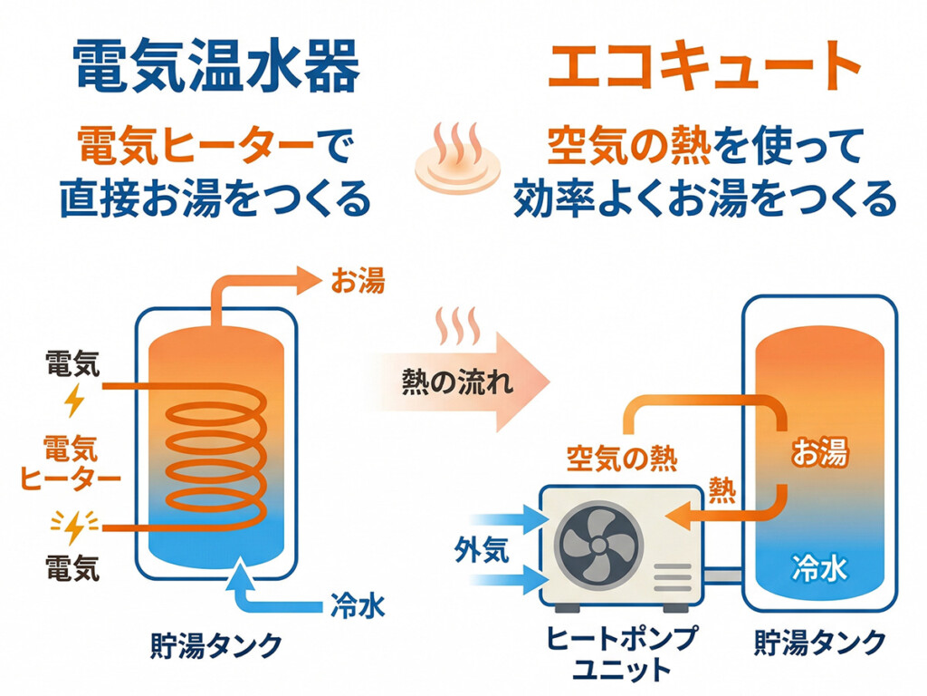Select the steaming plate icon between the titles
coord(457,163)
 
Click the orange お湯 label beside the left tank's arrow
coord(358,282)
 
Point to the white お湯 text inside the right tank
coord(820,453)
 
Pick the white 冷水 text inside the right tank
coord(819,569)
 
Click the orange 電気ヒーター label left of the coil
coord(71,462)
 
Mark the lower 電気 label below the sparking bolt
coord(72,570)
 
